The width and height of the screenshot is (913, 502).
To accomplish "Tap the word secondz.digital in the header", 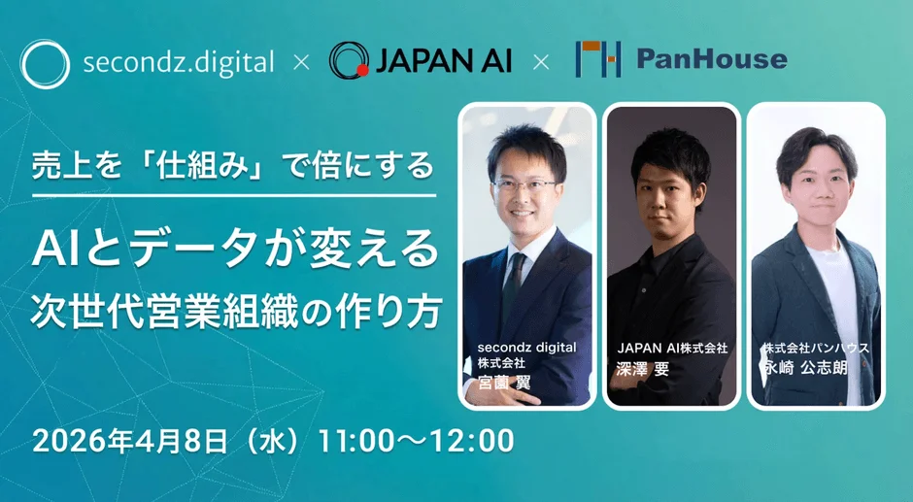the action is pyautogui.click(x=178, y=62).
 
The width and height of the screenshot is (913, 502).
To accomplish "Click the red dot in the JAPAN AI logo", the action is pyautogui.click(x=362, y=71).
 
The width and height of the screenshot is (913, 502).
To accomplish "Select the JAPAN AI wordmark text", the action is pyautogui.click(x=443, y=60).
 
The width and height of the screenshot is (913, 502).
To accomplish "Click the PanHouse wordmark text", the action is pyautogui.click(x=712, y=59).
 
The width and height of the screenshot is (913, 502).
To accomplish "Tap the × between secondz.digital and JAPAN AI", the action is pyautogui.click(x=301, y=62).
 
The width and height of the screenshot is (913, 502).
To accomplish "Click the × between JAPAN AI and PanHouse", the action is pyautogui.click(x=541, y=62).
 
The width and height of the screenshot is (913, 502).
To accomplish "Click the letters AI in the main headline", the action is pyautogui.click(x=56, y=249).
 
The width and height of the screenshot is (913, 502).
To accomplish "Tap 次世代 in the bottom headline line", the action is pyautogui.click(x=81, y=313).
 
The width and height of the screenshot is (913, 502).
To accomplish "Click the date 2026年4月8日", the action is pyautogui.click(x=129, y=441).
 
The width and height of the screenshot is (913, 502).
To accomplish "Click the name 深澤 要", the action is pyautogui.click(x=643, y=368).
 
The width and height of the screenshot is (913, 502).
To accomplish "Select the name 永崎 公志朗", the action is pyautogui.click(x=805, y=368).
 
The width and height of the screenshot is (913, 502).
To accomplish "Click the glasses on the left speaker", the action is pyautogui.click(x=524, y=186).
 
